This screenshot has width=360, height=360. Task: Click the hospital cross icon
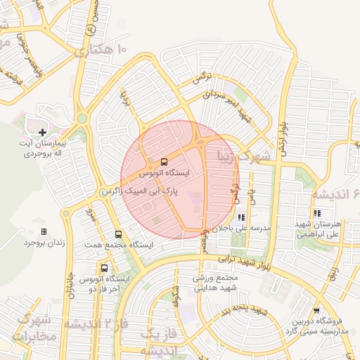pos(43,131)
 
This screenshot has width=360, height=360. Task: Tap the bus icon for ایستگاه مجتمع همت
pos(117,234)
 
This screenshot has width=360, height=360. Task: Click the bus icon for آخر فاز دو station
pos(105,268)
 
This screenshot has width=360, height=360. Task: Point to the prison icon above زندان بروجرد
pos(44,231)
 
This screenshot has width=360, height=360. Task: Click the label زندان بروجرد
pos(44,243)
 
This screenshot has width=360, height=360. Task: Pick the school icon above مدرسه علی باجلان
pos(241,217)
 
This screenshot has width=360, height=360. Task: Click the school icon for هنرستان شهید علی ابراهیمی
pos(317,213)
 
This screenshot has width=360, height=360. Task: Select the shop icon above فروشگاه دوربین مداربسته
pos(316,309)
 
